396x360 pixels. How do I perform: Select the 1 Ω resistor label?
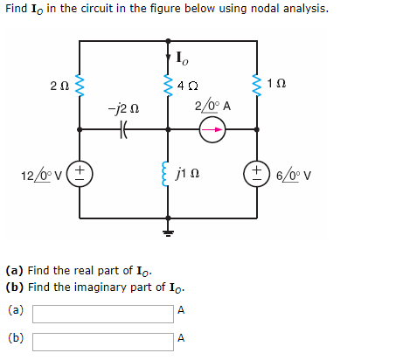[x=278, y=84]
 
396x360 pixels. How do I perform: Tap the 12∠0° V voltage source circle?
[x=82, y=171]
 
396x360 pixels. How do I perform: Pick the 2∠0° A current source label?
[x=212, y=106]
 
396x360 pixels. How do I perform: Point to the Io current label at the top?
[x=181, y=60]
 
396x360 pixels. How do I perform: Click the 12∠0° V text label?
[x=40, y=172]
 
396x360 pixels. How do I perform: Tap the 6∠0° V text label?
[x=294, y=172]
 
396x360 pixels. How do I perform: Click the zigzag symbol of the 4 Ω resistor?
[x=169, y=85]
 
